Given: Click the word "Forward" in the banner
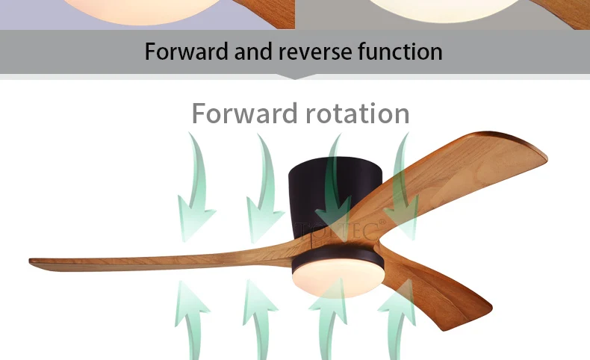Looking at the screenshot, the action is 187,52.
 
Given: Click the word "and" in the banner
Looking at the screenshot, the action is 253,52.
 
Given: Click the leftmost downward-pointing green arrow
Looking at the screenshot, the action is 196,179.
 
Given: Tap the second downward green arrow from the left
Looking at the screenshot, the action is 264,179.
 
